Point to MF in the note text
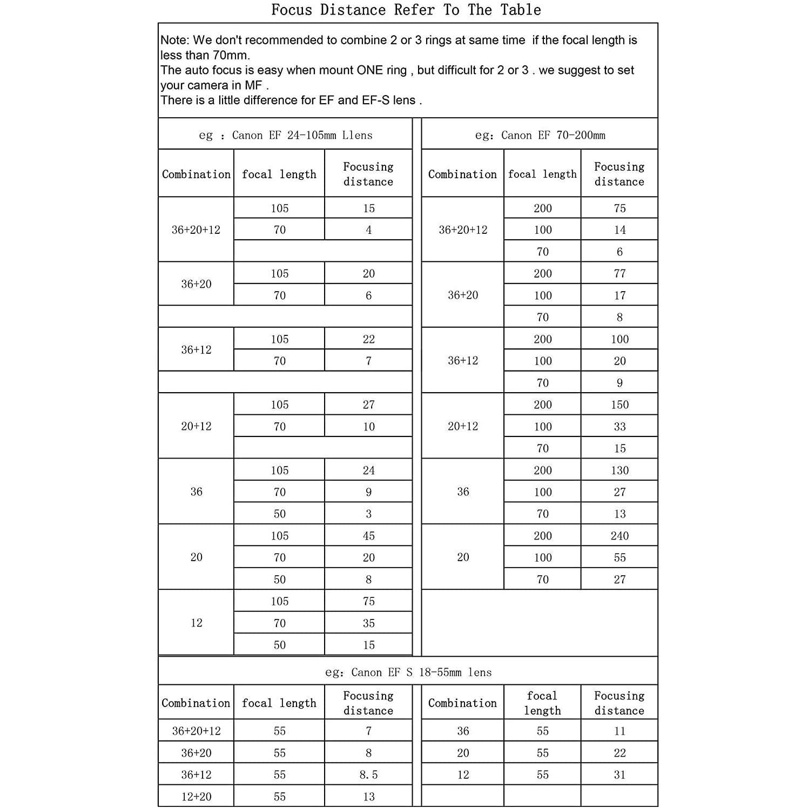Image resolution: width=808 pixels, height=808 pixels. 253,85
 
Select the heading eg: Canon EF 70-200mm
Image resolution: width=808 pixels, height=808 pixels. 540,135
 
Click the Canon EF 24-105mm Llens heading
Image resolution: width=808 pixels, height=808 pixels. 286,135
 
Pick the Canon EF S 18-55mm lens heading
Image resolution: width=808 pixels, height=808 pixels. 408,672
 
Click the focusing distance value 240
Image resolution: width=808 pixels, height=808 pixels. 620,536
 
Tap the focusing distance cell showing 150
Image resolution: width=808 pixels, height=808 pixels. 620,405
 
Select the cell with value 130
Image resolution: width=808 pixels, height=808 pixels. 620,470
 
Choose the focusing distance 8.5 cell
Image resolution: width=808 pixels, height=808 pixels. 368,775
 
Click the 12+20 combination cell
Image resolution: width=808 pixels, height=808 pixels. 196,797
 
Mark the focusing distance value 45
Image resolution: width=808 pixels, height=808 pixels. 368,536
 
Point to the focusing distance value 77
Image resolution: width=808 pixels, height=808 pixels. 620,273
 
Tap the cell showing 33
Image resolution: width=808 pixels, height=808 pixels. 620,427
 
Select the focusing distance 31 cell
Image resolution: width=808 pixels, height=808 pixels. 620,775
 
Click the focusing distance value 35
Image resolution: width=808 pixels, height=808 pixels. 368,623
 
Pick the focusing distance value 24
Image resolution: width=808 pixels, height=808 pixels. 368,470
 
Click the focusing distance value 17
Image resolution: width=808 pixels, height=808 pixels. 620,295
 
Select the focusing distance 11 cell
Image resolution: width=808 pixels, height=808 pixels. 620,731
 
